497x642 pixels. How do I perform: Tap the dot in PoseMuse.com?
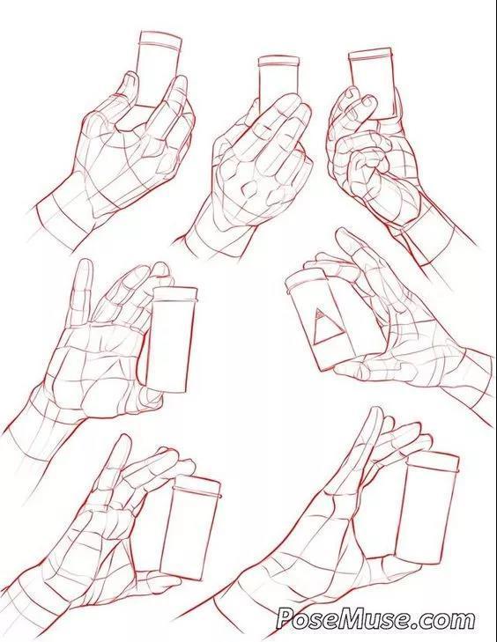click(423, 624)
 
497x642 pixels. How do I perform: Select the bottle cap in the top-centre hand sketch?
click(278, 61)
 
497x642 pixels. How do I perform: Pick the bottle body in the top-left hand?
click(158, 76)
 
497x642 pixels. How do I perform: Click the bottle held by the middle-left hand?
click(169, 339)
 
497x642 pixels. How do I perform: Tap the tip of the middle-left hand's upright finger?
click(85, 262)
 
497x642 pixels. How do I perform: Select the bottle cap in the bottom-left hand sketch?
click(197, 485)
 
